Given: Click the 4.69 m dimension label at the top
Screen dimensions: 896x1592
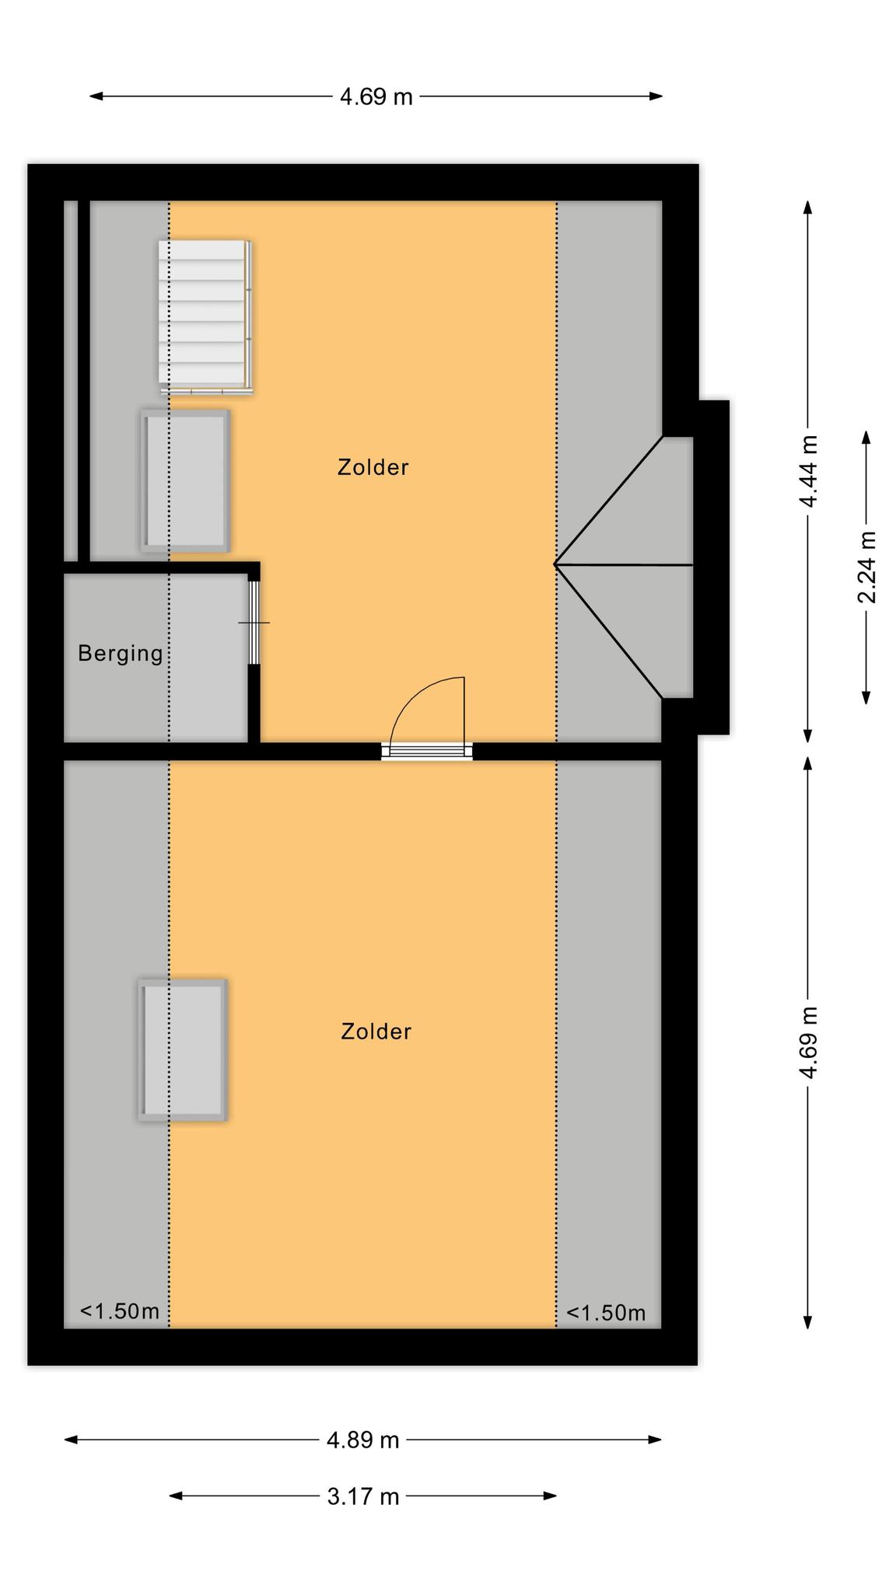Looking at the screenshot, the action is point(376,97).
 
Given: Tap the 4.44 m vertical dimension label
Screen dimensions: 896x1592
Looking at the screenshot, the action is point(808,471).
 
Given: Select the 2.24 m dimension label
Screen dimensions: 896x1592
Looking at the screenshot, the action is point(866,567).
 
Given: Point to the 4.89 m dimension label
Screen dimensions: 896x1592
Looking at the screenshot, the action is point(362,1440).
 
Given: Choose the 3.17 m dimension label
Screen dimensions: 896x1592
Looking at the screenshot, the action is point(362,1496).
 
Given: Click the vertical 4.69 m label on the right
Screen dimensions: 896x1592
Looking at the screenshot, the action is point(808,1042).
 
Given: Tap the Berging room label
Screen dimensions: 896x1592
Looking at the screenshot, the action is point(121,654).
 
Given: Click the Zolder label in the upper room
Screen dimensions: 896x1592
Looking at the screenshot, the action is point(373,467).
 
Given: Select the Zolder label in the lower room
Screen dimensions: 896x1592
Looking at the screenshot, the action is point(376,1032).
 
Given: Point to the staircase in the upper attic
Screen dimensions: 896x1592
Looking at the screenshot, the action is point(205,316).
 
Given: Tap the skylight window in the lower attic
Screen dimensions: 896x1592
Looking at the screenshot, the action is point(183,1049).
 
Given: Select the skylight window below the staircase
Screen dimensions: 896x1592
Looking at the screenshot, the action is point(185,481).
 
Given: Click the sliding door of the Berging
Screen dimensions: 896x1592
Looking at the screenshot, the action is point(254,623).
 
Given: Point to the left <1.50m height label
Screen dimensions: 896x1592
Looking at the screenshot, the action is point(120,1311).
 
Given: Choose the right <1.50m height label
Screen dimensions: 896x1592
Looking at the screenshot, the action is point(605,1313).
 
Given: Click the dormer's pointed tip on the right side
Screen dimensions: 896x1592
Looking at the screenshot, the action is point(555,564).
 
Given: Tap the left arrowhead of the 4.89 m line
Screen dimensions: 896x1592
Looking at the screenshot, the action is point(71,1440).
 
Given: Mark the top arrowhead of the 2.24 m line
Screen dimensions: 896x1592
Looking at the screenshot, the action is point(866,438).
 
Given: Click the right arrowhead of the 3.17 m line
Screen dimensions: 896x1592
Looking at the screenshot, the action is point(550,1496).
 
